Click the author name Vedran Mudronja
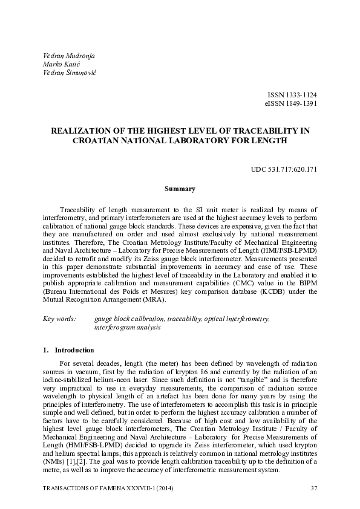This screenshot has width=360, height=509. [x=70, y=56]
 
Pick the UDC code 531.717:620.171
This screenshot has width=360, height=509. [x=284, y=169]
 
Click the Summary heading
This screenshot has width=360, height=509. [x=180, y=189]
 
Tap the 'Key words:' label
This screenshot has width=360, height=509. [x=59, y=318]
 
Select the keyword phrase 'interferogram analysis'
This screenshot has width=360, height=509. [x=127, y=327]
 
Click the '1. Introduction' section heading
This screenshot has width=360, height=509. [x=68, y=350]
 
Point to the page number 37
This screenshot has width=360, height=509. [x=313, y=488]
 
